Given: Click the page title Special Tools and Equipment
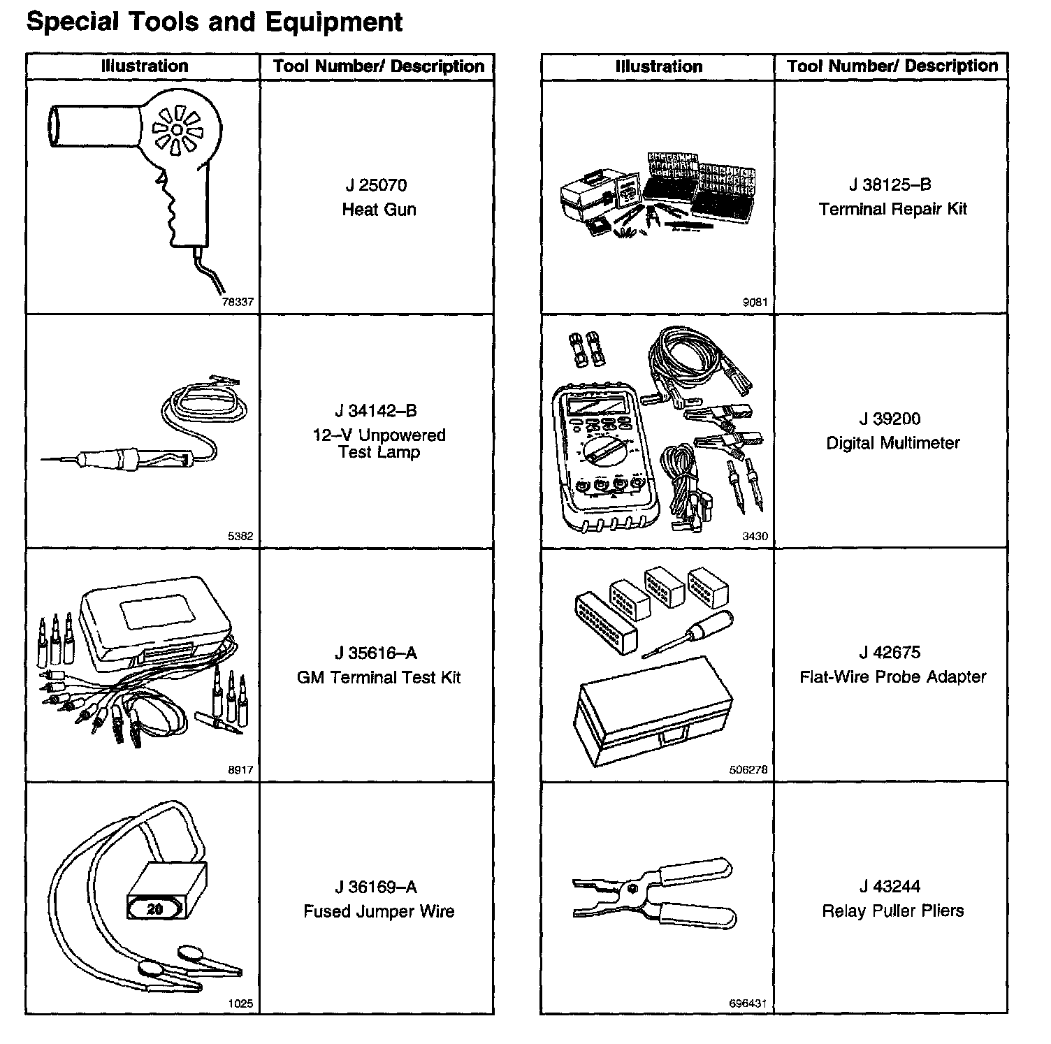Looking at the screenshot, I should (x=214, y=22).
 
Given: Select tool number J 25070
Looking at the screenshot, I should (x=376, y=185).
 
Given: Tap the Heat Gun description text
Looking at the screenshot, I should (x=379, y=210).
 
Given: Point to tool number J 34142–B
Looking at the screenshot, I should (x=376, y=411).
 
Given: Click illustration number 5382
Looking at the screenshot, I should (x=240, y=537).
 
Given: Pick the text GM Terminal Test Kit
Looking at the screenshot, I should (x=379, y=677).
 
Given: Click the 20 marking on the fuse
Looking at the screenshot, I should (x=154, y=909).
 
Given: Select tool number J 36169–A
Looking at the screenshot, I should (x=376, y=887).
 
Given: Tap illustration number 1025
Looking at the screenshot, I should (x=240, y=1003).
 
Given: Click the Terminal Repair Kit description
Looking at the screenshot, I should (x=892, y=209).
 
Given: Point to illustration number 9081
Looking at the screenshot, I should (x=755, y=303).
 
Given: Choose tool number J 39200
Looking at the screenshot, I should (x=890, y=419).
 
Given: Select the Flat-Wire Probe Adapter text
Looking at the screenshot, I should (x=892, y=676).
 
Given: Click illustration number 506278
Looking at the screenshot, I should (x=748, y=769).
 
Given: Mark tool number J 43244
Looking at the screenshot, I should (x=890, y=886).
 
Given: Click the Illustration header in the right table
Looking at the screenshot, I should (x=658, y=66).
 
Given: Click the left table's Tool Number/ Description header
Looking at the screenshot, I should (x=378, y=66).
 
